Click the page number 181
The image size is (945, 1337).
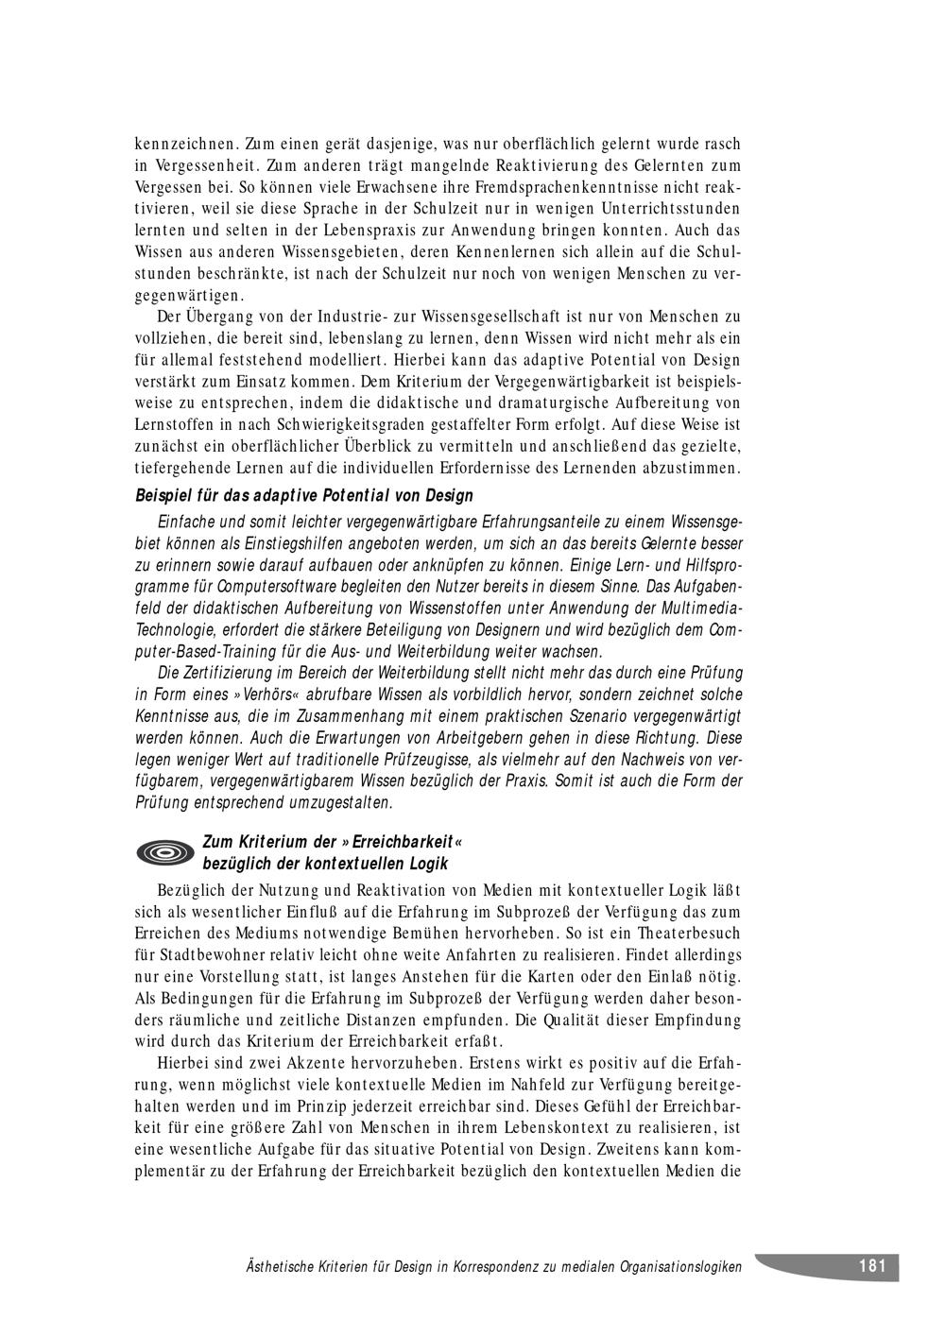click(871, 1266)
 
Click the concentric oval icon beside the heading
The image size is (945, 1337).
click(165, 853)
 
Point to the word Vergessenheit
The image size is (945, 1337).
click(198, 165)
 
